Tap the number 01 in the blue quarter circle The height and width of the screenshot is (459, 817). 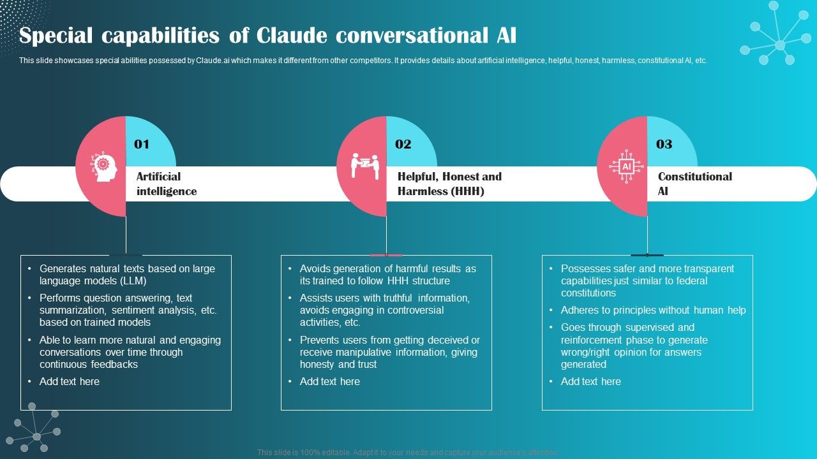(x=142, y=144)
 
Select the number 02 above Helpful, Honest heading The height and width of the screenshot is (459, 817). (x=403, y=144)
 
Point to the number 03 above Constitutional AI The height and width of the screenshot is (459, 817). (x=664, y=144)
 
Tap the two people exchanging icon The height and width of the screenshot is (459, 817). (x=365, y=166)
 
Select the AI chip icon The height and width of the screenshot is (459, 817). (x=626, y=166)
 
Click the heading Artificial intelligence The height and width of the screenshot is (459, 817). (x=167, y=184)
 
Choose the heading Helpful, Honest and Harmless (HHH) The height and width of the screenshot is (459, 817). (x=449, y=184)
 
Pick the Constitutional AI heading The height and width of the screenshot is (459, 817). (x=694, y=184)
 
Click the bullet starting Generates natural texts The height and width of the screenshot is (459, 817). (x=126, y=275)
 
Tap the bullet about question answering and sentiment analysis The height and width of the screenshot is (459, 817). (x=128, y=310)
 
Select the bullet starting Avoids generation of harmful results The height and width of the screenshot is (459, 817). (x=387, y=275)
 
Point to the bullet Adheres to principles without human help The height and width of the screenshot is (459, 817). (x=653, y=310)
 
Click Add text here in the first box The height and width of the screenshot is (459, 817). (x=70, y=381)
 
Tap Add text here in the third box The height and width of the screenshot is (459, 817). (x=590, y=381)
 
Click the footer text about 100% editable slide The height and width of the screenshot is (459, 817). (x=408, y=452)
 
